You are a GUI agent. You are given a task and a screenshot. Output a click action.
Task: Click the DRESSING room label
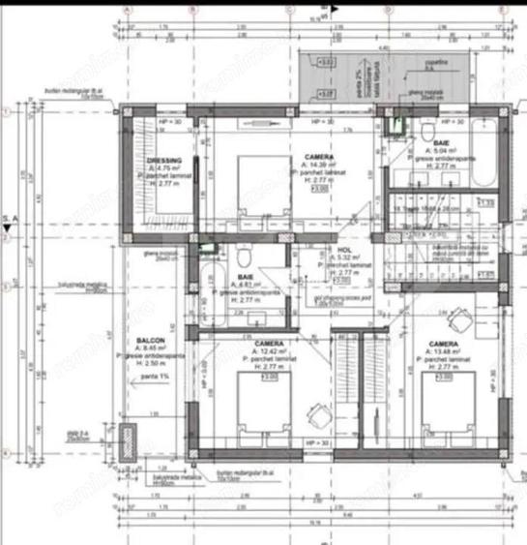pos(164,162)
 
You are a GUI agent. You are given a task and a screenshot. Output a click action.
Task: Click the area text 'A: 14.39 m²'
pos(320,165)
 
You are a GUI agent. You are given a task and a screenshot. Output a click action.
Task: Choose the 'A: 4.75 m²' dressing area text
pos(164,169)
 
